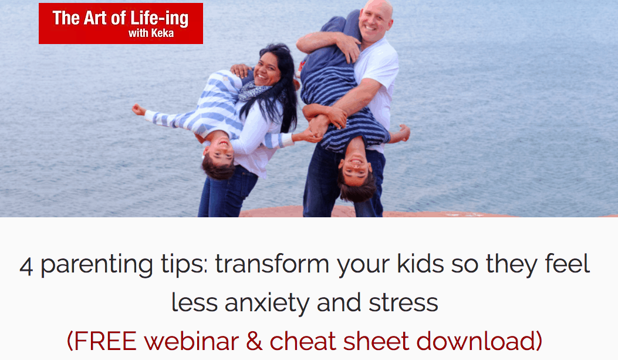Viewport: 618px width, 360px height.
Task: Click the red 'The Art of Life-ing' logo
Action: pos(120,23)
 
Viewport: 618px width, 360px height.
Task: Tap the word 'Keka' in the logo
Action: pos(163,33)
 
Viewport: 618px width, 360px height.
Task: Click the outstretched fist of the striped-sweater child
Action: pos(137,109)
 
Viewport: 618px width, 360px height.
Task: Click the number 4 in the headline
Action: pos(26,266)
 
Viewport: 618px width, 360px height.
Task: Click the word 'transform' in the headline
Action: pos(272,264)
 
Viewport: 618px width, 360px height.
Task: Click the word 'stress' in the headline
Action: pos(403,303)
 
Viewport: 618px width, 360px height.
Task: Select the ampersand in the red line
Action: pos(254,341)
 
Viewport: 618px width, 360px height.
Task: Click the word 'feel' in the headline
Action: pos(568,264)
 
